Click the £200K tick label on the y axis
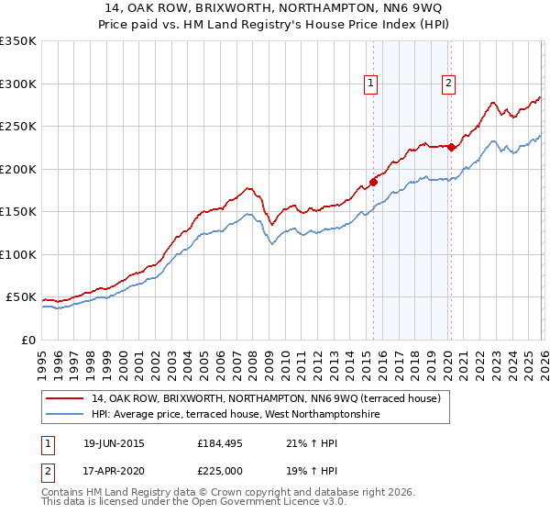pyautogui.click(x=17, y=169)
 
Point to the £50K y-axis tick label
pyautogui.click(x=20, y=297)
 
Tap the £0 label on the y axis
pyautogui.click(x=27, y=341)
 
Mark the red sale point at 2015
pyautogui.click(x=373, y=182)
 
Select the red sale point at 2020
pyautogui.click(x=451, y=147)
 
